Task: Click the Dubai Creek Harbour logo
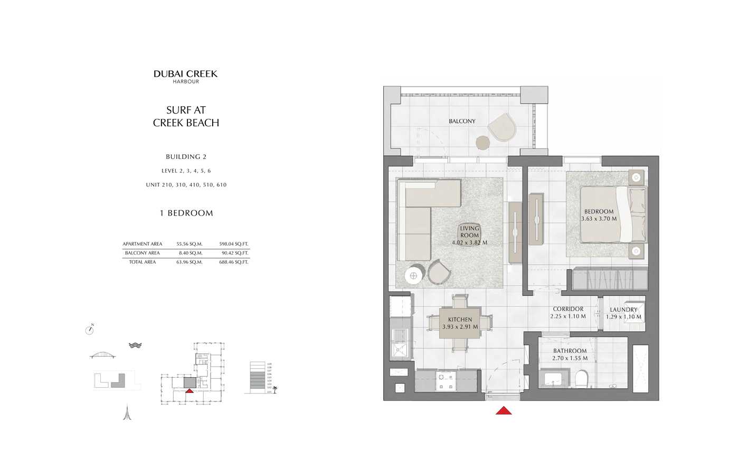185,76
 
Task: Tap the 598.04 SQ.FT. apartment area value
233,244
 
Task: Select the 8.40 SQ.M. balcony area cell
190,253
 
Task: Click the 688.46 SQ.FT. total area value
233,262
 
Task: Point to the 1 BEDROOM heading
186,213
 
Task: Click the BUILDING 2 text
186,157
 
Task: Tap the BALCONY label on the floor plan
462,121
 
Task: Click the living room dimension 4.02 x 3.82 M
469,243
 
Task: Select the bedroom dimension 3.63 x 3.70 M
599,219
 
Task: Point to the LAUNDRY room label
623,310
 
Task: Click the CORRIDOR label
568,309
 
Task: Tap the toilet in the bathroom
581,378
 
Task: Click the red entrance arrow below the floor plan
504,410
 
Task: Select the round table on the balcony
482,143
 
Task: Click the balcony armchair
501,127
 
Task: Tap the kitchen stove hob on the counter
447,380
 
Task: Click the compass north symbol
89,330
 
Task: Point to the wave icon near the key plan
135,345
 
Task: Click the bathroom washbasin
554,378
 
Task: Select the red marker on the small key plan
189,391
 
